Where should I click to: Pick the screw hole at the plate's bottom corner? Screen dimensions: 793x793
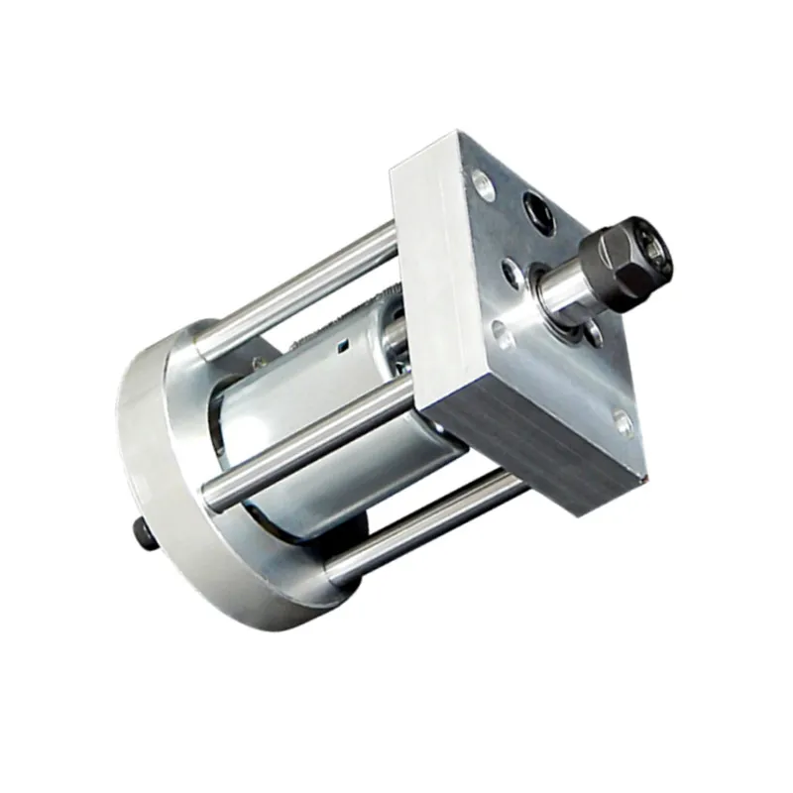click(623, 424)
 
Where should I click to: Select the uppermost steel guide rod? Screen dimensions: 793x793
click(297, 287)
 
